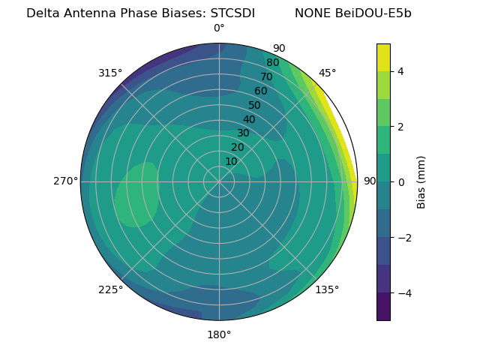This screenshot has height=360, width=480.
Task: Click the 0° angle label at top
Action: (219, 28)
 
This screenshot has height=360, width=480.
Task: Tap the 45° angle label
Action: (327, 73)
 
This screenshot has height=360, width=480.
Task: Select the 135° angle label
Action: (327, 289)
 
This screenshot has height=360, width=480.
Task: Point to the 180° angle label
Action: (219, 334)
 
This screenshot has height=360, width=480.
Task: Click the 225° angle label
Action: (110, 289)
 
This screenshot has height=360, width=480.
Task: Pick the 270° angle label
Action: (66, 181)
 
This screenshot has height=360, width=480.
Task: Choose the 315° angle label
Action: (110, 73)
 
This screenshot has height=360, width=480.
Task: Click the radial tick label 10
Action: (231, 161)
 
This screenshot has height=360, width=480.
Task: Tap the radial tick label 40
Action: (249, 119)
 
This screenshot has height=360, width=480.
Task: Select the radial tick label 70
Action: (267, 76)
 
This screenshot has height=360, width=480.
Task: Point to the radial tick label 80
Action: (273, 63)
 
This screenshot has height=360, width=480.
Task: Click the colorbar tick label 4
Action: (400, 71)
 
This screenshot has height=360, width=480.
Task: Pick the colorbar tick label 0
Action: (400, 182)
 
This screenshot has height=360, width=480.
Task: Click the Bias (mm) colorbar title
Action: (421, 182)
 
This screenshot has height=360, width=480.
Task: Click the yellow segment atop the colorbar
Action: (383, 58)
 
